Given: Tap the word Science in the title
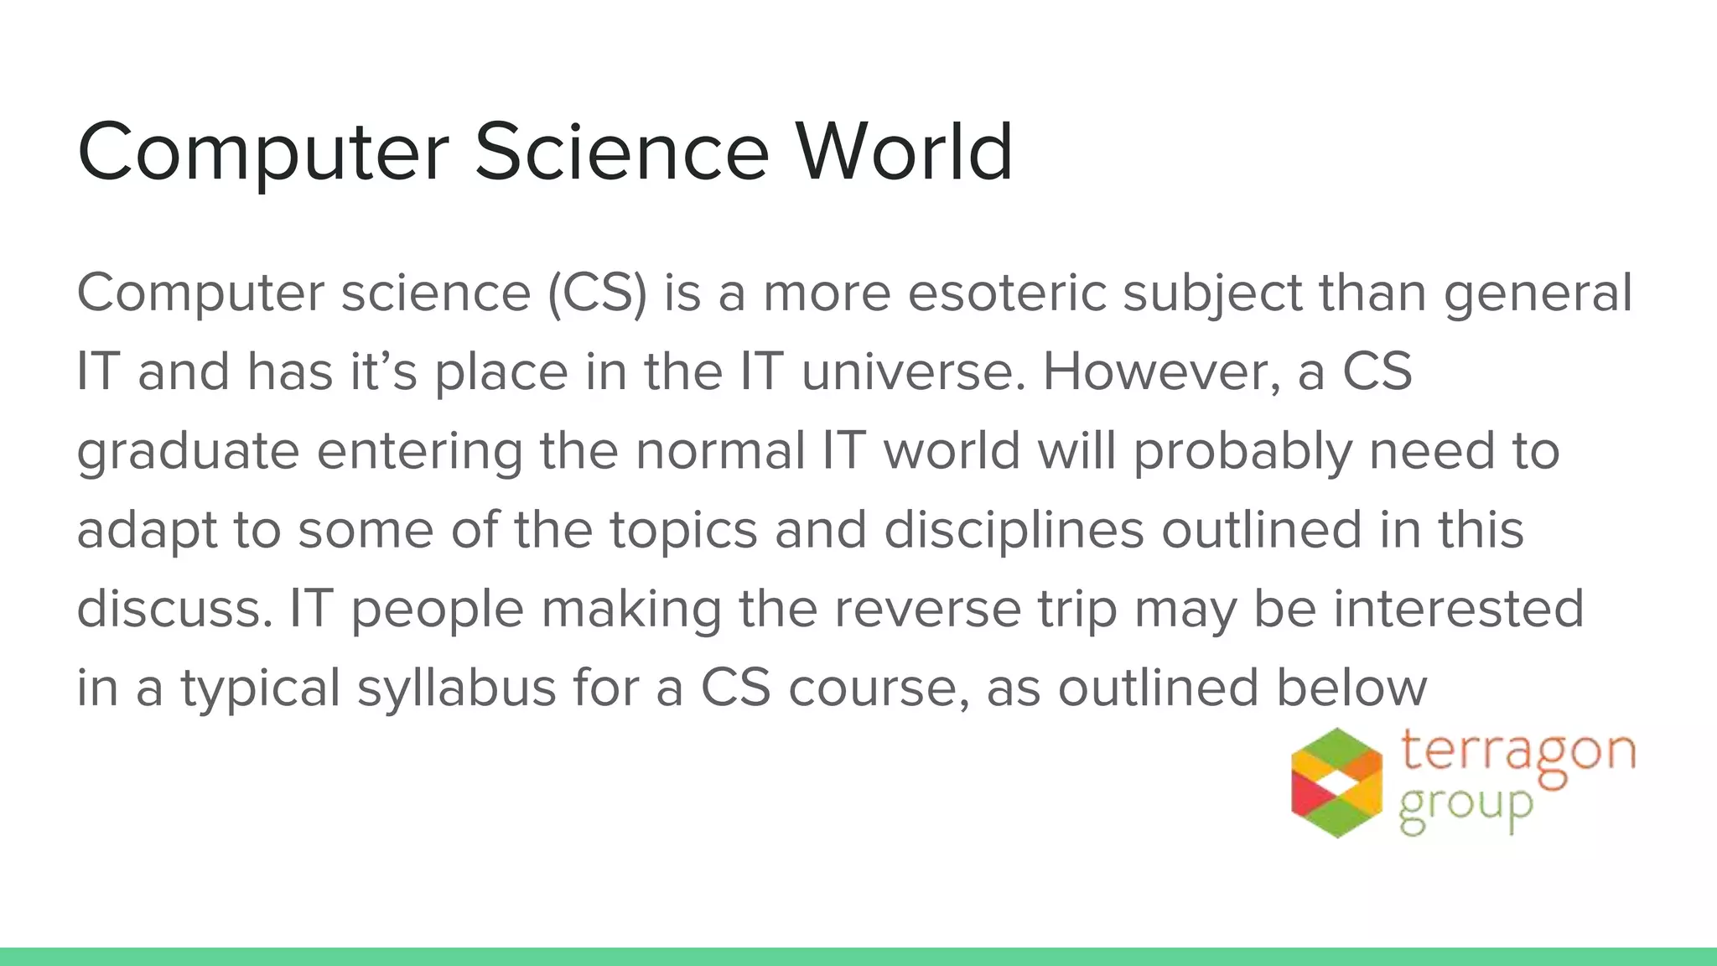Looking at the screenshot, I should point(621,152).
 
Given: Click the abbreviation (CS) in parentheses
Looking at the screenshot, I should point(598,293).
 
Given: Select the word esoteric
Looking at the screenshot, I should point(1006,293).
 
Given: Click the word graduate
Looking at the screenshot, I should point(188,452).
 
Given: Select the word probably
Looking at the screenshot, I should point(1242,452).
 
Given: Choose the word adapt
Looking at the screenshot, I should point(147,531).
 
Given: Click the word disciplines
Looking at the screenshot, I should point(1014,531).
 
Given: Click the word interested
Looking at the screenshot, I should point(1458,609).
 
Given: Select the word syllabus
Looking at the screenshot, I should point(457,688).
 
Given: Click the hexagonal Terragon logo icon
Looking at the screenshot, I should point(1336,782).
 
